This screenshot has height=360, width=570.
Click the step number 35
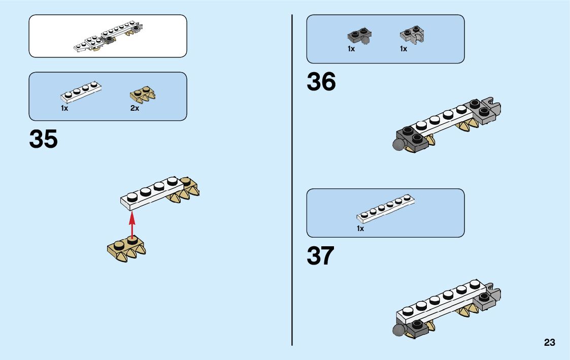[x=44, y=140]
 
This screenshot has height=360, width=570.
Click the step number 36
[x=321, y=82]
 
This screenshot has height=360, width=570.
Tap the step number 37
[x=321, y=256]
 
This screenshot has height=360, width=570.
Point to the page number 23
[x=550, y=343]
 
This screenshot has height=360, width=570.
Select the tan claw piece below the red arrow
[x=127, y=250]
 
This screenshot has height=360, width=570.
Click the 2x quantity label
[x=135, y=108]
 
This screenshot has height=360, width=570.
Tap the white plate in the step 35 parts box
[x=81, y=91]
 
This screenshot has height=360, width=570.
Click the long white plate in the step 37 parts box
[x=385, y=209]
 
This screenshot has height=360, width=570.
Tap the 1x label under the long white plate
[x=360, y=228]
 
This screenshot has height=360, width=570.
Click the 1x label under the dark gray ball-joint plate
[x=351, y=49]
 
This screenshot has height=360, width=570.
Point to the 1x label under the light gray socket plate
[x=404, y=49]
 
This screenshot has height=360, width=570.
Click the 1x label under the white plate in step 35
[x=64, y=108]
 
